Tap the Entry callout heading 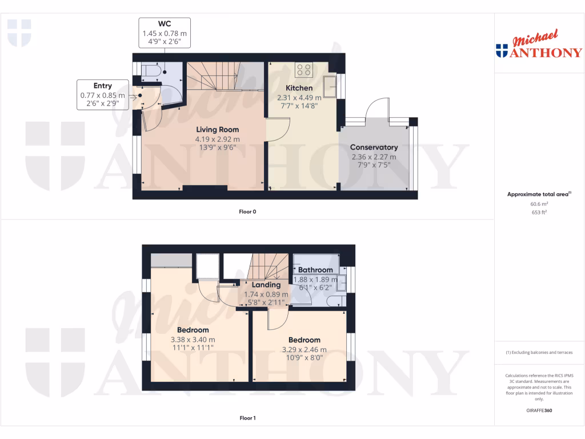pyautogui.click(x=102, y=86)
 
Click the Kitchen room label pyautogui.click(x=299, y=88)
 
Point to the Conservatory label pyautogui.click(x=374, y=147)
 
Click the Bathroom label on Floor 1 pyautogui.click(x=315, y=270)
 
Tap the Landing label pyautogui.click(x=266, y=285)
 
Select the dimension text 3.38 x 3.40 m pyautogui.click(x=193, y=340)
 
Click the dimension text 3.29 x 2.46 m pyautogui.click(x=304, y=350)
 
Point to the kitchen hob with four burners pyautogui.click(x=304, y=70)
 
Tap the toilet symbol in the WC pyautogui.click(x=150, y=71)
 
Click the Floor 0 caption pyautogui.click(x=247, y=211)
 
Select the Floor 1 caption pyautogui.click(x=247, y=418)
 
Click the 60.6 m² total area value pyautogui.click(x=539, y=203)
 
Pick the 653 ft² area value pyautogui.click(x=539, y=212)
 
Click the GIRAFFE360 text pyautogui.click(x=539, y=410)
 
